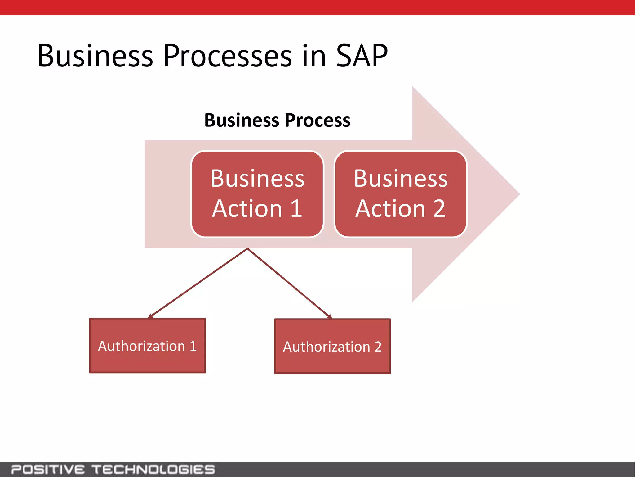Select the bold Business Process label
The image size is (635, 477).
point(277,120)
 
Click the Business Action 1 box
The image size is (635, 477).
point(257,194)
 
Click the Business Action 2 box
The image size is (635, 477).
point(401,194)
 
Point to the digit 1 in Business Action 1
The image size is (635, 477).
point(296,208)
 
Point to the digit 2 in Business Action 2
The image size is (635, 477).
point(439,208)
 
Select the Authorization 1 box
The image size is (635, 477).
point(147,346)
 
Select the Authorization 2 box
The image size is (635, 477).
point(332,346)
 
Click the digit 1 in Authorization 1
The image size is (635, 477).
point(193,346)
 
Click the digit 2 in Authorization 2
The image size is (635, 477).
point(378,347)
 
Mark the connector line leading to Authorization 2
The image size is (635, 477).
point(288,283)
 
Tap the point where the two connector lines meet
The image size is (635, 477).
point(247,249)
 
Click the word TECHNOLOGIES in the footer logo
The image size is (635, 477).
point(153,469)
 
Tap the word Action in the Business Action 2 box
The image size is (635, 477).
point(390,208)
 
